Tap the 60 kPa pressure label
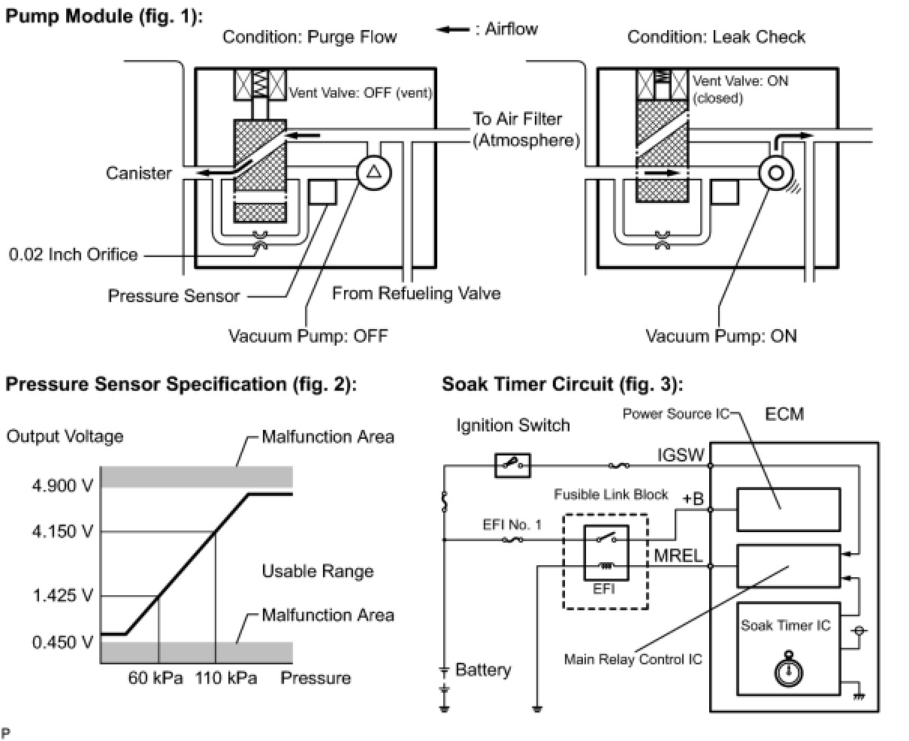click(156, 678)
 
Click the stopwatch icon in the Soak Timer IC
click(785, 671)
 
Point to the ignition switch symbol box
click(513, 466)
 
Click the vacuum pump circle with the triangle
click(372, 173)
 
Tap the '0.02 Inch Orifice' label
click(73, 254)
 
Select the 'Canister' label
click(139, 173)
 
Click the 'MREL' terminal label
click(678, 557)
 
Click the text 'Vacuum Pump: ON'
click(721, 335)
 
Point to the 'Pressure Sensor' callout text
click(174, 295)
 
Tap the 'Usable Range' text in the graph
click(317, 571)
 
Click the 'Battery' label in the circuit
click(483, 670)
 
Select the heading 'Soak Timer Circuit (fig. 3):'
click(562, 385)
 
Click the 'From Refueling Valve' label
click(416, 293)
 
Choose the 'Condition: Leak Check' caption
click(716, 37)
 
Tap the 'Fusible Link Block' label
click(611, 495)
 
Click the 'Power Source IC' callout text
click(675, 414)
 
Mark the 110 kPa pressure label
click(226, 678)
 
